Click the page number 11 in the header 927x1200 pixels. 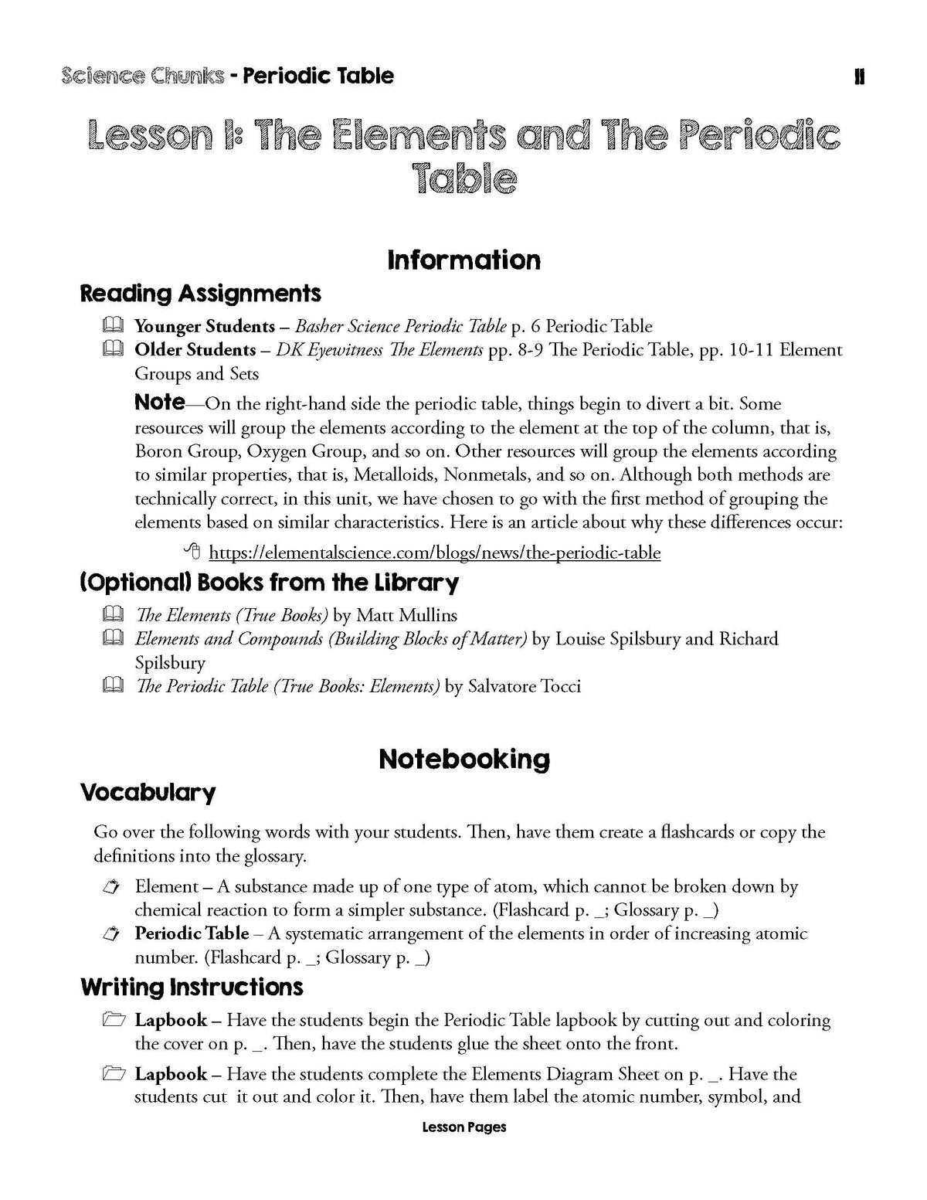click(859, 76)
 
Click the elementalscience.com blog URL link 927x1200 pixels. click(434, 552)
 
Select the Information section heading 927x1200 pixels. click(463, 260)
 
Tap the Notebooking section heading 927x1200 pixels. click(463, 759)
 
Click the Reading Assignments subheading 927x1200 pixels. click(200, 294)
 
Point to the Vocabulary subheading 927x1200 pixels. click(148, 792)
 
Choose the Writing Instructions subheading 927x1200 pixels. click(192, 987)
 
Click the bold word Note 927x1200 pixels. click(159, 402)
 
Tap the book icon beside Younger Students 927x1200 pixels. click(112, 325)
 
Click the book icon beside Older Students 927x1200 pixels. click(112, 349)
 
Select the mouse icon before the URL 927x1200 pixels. click(193, 552)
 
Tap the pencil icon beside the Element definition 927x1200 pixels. click(112, 887)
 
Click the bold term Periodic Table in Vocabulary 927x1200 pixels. click(192, 933)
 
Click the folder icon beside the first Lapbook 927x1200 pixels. click(113, 1021)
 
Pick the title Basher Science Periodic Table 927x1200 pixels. click(401, 326)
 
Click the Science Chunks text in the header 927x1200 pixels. click(143, 76)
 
